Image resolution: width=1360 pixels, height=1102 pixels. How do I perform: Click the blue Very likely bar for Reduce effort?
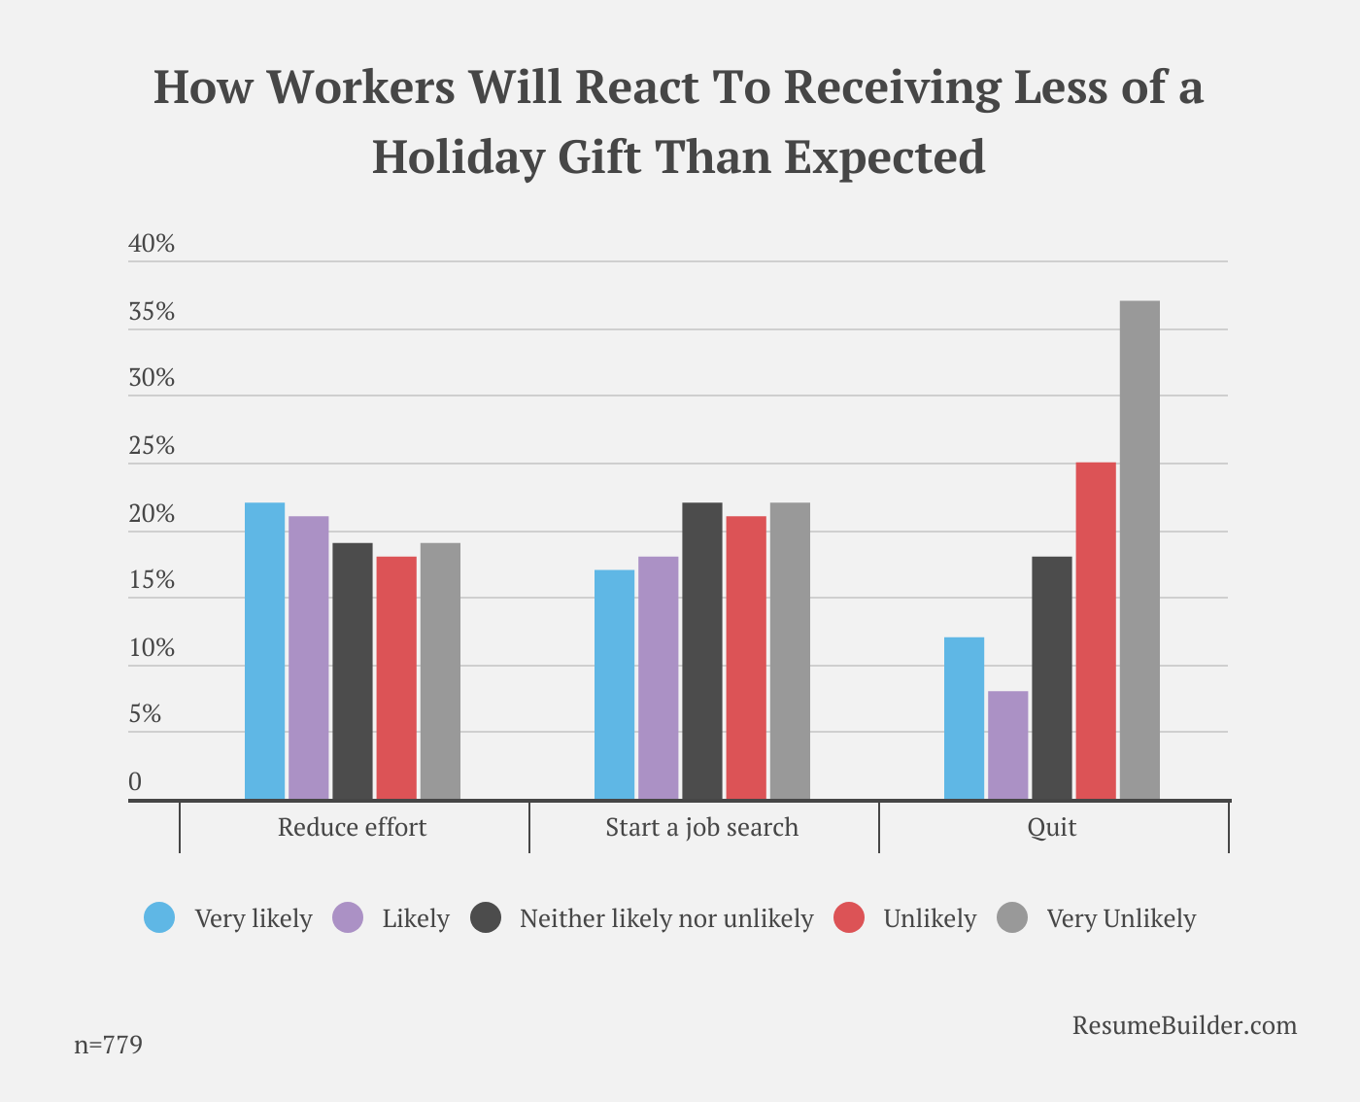(x=264, y=650)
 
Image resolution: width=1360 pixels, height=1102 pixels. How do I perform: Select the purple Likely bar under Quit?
(x=1007, y=745)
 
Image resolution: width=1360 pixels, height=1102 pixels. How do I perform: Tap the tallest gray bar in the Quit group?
(x=1139, y=549)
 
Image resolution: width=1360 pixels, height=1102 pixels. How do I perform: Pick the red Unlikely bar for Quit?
(x=1096, y=631)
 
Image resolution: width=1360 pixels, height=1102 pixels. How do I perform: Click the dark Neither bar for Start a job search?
(x=701, y=650)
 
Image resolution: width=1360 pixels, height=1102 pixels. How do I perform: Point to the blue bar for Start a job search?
(x=614, y=684)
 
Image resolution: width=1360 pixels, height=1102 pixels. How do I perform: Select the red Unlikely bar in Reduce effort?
(x=396, y=677)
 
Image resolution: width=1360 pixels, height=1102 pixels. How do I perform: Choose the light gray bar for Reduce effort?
(x=440, y=671)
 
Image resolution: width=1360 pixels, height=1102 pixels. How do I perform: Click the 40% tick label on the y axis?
(x=152, y=243)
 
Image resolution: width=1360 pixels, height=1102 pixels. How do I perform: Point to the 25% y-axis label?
(x=152, y=445)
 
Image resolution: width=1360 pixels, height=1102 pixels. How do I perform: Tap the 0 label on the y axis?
(x=135, y=781)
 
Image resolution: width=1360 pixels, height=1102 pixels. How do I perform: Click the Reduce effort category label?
(x=352, y=827)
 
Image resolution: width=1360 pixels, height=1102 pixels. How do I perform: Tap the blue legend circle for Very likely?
(x=159, y=917)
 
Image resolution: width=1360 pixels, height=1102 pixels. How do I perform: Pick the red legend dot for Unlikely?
(x=849, y=917)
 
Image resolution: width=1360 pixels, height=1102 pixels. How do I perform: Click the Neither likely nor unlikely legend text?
(x=666, y=918)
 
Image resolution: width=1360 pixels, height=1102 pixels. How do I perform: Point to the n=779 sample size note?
(x=108, y=1045)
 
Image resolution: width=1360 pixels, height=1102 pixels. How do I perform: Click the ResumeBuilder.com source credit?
(x=1184, y=1026)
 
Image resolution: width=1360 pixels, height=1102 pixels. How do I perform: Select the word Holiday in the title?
(x=459, y=157)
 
